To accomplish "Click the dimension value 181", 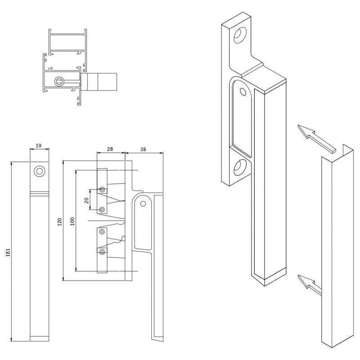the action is click(x=8, y=252).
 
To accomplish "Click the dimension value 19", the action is click(x=39, y=145).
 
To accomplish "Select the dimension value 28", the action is click(x=110, y=149).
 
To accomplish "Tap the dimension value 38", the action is click(x=143, y=149).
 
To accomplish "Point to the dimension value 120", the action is click(x=60, y=222).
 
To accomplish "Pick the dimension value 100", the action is click(x=72, y=221).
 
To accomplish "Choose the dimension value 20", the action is click(x=86, y=200).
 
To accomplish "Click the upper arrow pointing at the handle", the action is click(x=317, y=139).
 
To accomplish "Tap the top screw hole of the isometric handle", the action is click(x=240, y=36).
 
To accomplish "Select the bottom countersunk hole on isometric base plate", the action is click(x=240, y=167).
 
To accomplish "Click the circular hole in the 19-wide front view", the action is click(x=39, y=171).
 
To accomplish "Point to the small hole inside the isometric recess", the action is click(x=243, y=92).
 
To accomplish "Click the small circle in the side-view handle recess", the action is click(x=143, y=204).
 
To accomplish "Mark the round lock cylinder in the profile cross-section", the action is click(x=58, y=81).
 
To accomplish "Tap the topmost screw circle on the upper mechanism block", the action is click(x=103, y=189).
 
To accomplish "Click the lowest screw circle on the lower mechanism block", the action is click(x=103, y=252).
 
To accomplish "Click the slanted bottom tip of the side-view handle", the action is click(x=157, y=339).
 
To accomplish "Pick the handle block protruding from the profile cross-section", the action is click(x=99, y=81).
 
